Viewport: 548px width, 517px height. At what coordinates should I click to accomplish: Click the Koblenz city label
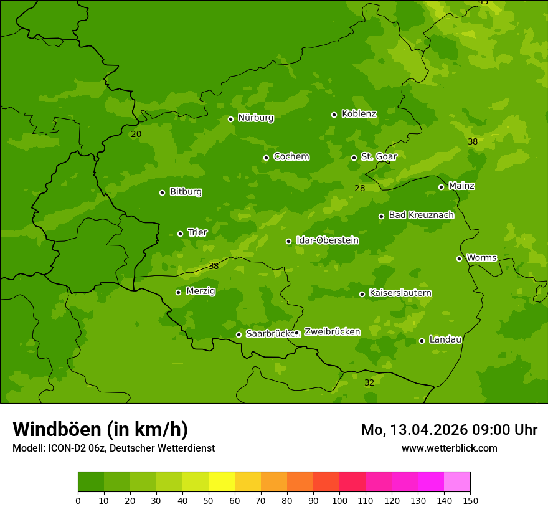pyautogui.click(x=359, y=114)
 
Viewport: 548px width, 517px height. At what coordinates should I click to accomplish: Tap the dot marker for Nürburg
pyautogui.click(x=230, y=119)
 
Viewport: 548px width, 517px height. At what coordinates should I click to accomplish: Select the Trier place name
pyautogui.click(x=197, y=232)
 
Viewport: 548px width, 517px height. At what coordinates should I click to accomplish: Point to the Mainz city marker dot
pyautogui.click(x=441, y=187)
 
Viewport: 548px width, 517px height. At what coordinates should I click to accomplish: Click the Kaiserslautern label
pyautogui.click(x=400, y=293)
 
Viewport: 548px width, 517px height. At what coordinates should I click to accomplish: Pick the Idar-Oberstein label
pyautogui.click(x=327, y=240)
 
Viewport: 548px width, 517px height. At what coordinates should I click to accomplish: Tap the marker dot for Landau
pyautogui.click(x=422, y=341)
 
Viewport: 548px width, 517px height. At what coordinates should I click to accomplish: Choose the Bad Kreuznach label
pyautogui.click(x=421, y=215)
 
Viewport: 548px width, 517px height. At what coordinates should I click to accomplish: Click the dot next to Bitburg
pyautogui.click(x=162, y=192)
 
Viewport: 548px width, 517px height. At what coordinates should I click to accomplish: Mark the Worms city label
pyautogui.click(x=481, y=258)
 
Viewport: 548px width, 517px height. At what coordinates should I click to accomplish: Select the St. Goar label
pyautogui.click(x=379, y=156)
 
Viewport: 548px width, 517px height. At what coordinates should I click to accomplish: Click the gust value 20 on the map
pyautogui.click(x=136, y=134)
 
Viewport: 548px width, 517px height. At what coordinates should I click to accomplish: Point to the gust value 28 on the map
pyautogui.click(x=360, y=188)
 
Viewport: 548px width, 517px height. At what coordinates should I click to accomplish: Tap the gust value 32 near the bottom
pyautogui.click(x=369, y=382)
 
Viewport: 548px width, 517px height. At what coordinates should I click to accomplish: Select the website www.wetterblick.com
pyautogui.click(x=449, y=448)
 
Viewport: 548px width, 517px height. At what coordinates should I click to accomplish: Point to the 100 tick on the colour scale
pyautogui.click(x=339, y=500)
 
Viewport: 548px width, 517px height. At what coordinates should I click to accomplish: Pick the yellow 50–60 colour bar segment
pyautogui.click(x=222, y=482)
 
